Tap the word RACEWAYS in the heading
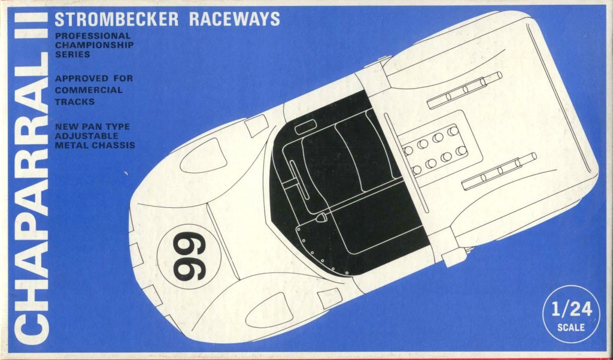235,19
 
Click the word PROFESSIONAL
92,35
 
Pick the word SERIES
72,55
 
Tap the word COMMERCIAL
88,90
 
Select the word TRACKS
74,102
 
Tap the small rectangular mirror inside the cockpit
305,128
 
